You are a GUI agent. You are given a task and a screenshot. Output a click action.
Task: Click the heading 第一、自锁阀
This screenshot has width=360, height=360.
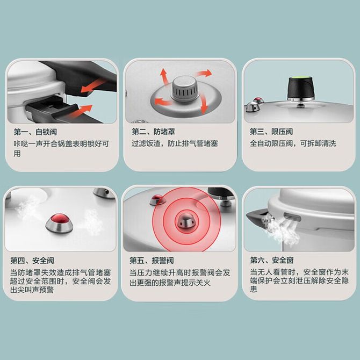[x=35, y=132]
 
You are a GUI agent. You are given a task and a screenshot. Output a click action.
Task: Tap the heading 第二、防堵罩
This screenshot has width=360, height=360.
[x=153, y=132]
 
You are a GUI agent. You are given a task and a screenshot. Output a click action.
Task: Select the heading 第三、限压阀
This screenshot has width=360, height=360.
[x=271, y=132]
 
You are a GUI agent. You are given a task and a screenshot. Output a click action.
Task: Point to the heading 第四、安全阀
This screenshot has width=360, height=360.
[x=32, y=261]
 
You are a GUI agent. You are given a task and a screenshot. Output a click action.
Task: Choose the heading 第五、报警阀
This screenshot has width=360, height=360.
[x=152, y=261]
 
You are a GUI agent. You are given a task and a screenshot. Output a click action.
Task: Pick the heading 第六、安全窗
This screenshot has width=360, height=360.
[x=272, y=261]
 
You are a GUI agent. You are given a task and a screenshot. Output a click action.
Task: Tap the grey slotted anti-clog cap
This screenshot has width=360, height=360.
[x=185, y=89]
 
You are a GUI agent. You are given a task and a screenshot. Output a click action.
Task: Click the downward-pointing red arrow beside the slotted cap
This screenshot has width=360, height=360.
[x=203, y=105]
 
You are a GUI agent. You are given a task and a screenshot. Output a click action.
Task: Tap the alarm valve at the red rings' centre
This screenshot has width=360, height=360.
[x=186, y=221]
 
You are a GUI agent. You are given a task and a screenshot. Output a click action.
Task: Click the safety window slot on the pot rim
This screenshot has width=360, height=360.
[x=292, y=217]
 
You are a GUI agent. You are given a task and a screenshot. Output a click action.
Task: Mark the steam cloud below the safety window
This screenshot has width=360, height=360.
[x=280, y=229]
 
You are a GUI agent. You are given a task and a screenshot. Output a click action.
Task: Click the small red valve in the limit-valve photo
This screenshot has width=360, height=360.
[x=258, y=100]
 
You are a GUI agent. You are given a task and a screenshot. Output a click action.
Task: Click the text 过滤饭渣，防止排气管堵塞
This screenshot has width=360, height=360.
[x=175, y=143]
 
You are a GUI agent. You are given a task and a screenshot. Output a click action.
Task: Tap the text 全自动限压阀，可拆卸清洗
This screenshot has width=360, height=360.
[x=293, y=143]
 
